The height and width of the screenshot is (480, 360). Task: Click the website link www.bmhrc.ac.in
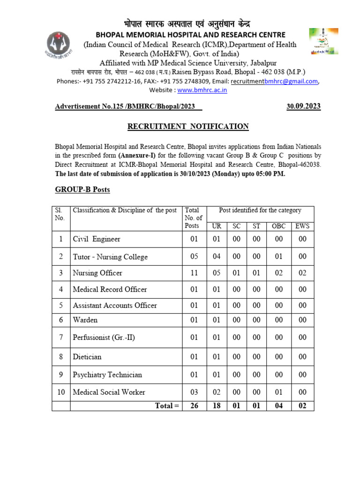pyautogui.click(x=202, y=90)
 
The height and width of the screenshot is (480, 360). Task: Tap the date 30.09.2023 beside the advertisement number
pyautogui.click(x=303, y=106)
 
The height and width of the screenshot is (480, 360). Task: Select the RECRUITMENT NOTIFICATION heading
pyautogui.click(x=188, y=127)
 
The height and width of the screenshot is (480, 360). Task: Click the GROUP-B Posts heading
pyautogui.click(x=82, y=189)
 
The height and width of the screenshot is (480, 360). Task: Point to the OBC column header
pyautogui.click(x=279, y=226)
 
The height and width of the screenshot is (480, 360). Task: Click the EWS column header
pyautogui.click(x=302, y=226)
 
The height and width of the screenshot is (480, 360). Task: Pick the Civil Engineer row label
pyautogui.click(x=97, y=239)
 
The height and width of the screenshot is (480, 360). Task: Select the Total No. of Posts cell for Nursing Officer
pyautogui.click(x=192, y=273)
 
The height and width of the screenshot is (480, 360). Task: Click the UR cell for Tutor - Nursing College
pyautogui.click(x=217, y=256)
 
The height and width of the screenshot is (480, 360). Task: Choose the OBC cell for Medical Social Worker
pyautogui.click(x=279, y=392)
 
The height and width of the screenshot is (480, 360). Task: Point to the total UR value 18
pyautogui.click(x=217, y=406)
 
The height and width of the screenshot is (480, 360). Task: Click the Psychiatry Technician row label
pyautogui.click(x=107, y=375)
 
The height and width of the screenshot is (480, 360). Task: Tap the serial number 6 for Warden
pyautogui.click(x=61, y=320)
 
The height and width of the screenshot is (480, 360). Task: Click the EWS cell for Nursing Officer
pyautogui.click(x=302, y=273)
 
